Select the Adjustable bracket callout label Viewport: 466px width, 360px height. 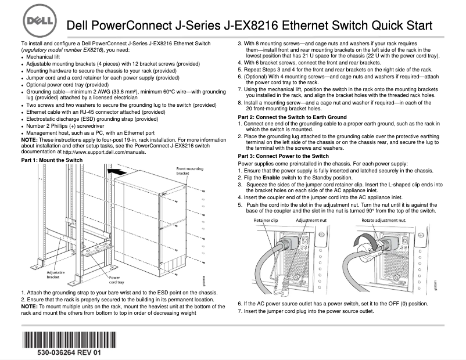coord(56,275)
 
